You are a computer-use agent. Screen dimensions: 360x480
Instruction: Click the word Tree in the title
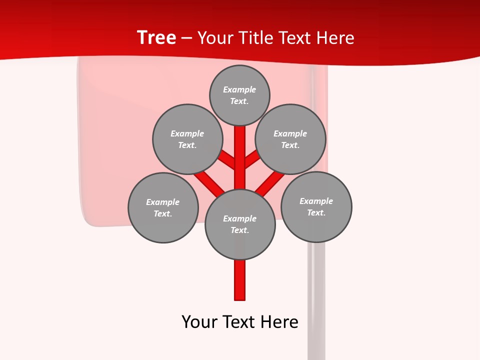tap(156, 37)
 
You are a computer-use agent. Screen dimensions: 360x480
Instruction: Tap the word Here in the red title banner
tap(335, 38)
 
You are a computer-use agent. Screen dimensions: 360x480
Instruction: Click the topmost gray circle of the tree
tap(239, 95)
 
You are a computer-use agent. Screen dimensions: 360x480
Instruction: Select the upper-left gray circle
tap(187, 139)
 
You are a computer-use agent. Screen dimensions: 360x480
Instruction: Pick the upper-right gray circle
tap(290, 139)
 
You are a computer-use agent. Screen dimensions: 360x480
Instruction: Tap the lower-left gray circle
tap(163, 207)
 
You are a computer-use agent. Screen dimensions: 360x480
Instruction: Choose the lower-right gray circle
tap(316, 206)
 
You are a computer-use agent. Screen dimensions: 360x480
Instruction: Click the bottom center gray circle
tap(240, 224)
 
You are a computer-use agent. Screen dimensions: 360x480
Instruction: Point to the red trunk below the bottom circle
tap(240, 280)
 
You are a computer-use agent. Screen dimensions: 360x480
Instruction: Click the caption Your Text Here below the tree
tap(240, 322)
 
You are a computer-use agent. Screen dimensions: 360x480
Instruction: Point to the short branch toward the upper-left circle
tap(227, 159)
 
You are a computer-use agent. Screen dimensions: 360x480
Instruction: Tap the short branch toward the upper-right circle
tap(252, 158)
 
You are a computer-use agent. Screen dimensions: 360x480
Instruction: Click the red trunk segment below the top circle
tap(240, 150)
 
